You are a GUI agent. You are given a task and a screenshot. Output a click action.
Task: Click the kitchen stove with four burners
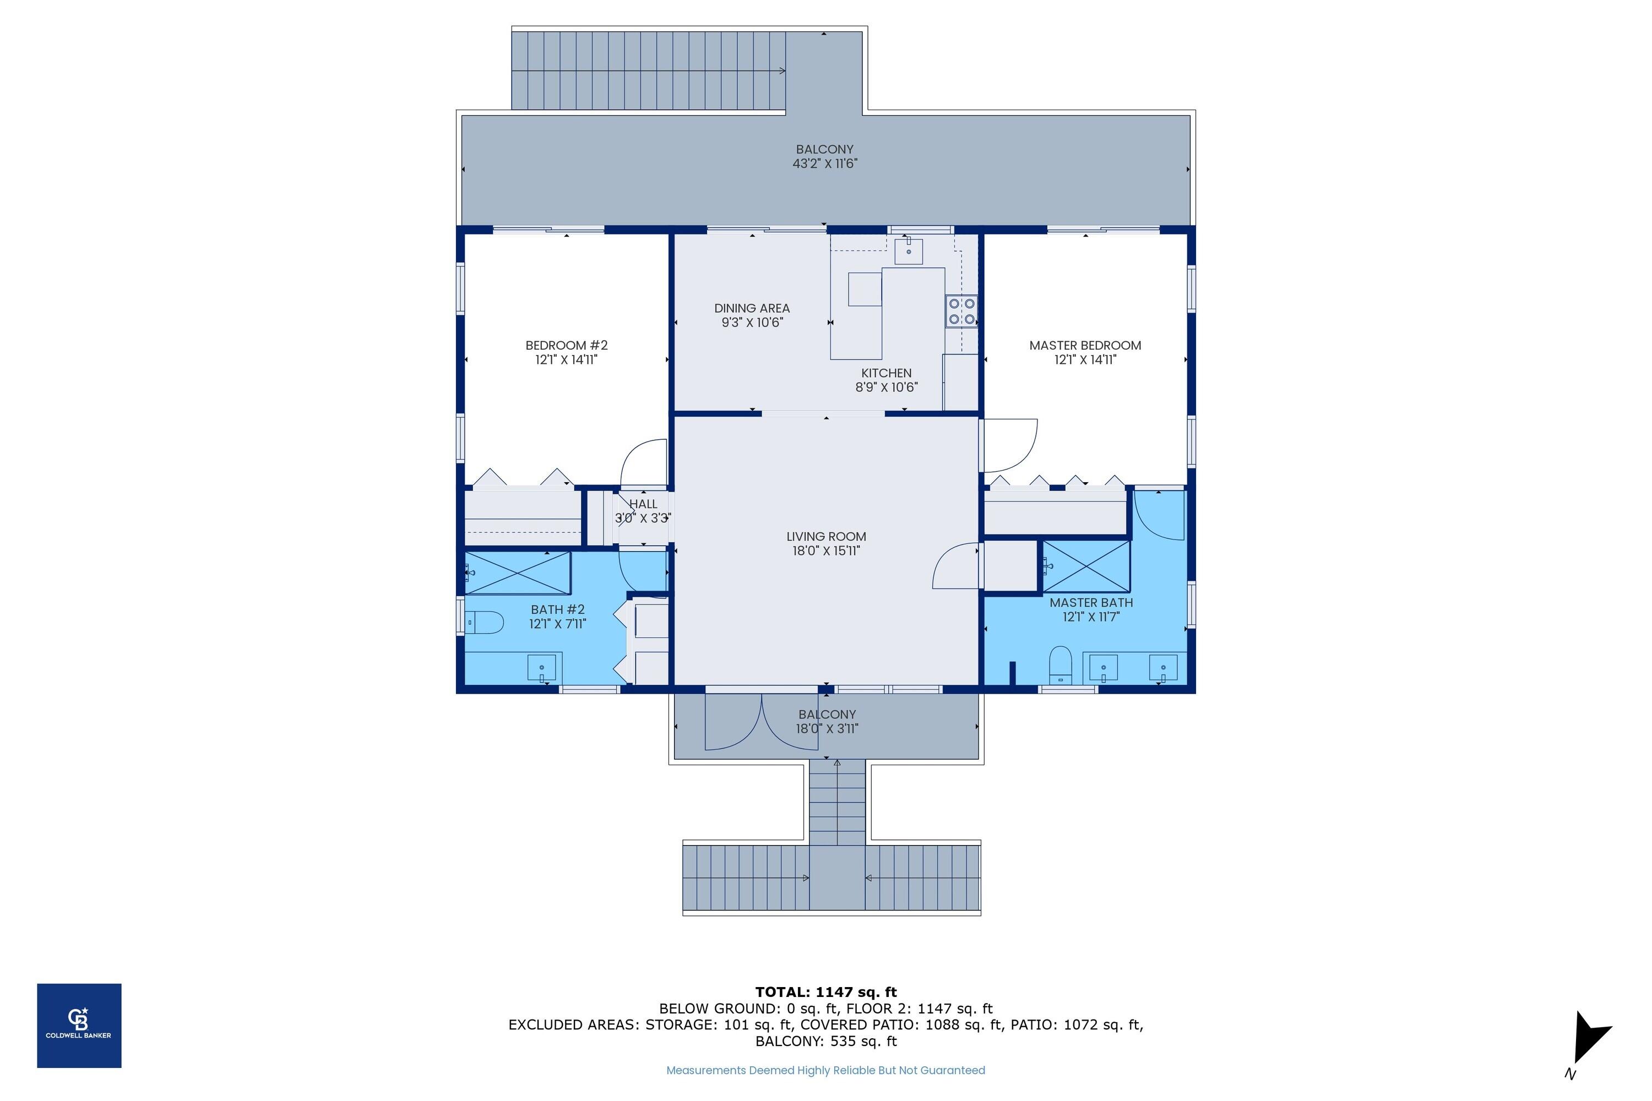tap(961, 312)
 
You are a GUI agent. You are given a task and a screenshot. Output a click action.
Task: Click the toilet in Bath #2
tap(485, 622)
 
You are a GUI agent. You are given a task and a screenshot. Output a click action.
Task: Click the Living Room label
tap(826, 536)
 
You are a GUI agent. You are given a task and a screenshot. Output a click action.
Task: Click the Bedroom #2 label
tap(566, 346)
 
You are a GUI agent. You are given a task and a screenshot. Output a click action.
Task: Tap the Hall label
tap(643, 504)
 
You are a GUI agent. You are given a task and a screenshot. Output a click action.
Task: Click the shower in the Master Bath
tap(1086, 566)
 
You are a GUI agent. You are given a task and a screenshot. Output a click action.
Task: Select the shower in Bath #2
tap(518, 573)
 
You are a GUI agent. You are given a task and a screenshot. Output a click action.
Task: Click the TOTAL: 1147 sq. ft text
tap(826, 992)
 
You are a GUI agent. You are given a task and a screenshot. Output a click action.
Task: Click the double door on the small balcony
tap(762, 723)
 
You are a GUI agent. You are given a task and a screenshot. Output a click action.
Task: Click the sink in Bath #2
tap(541, 668)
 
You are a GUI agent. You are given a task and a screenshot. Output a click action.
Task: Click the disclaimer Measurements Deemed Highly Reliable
tap(825, 1070)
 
